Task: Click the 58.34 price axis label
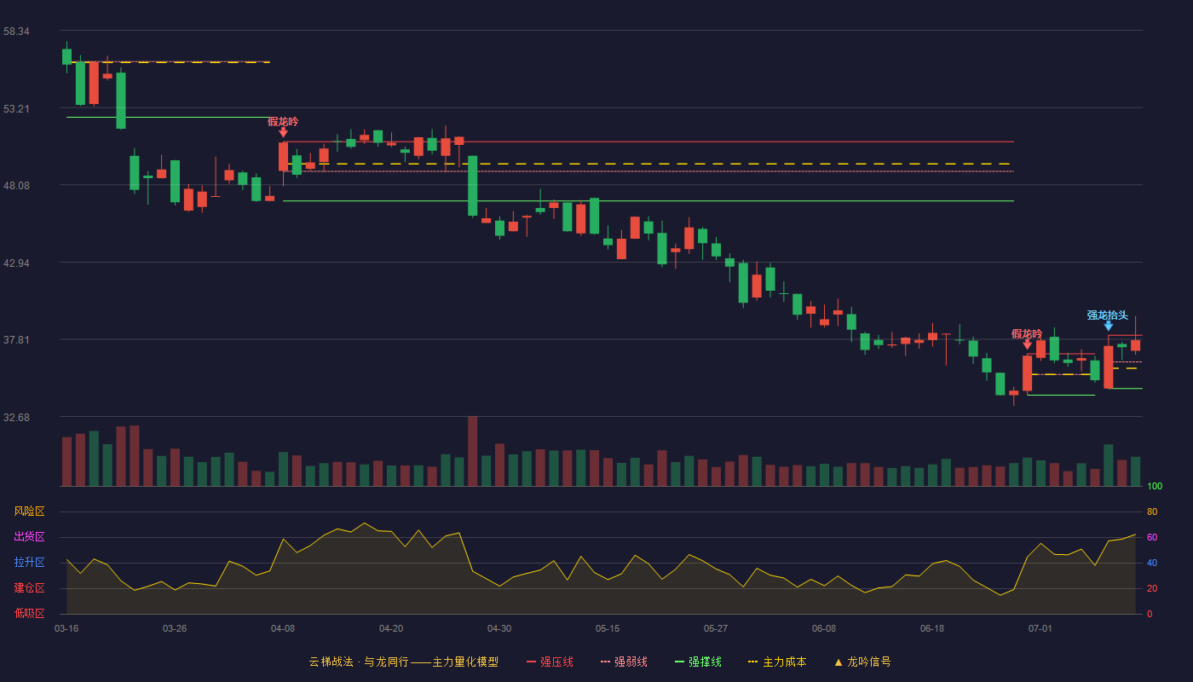[x=16, y=32]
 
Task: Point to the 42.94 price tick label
[x=16, y=263]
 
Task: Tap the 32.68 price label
[x=16, y=417]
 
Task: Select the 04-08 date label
[x=283, y=629]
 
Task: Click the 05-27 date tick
[x=716, y=629]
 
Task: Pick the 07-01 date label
[x=1040, y=629]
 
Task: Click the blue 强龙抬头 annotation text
[x=1108, y=315]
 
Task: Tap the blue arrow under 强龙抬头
[x=1109, y=326]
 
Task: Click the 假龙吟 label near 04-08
[x=283, y=121]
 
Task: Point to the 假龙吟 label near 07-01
[x=1027, y=334]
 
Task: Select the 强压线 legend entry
[x=550, y=662]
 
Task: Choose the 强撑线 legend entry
[x=698, y=662]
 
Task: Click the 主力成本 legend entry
[x=777, y=662]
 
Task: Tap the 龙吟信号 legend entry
[x=862, y=662]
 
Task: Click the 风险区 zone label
[x=29, y=511]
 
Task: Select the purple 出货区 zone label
[x=29, y=536]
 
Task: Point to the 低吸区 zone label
[x=29, y=613]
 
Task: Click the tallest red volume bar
[x=472, y=451]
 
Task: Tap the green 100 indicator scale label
[x=1155, y=486]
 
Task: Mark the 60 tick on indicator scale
[x=1152, y=537]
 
